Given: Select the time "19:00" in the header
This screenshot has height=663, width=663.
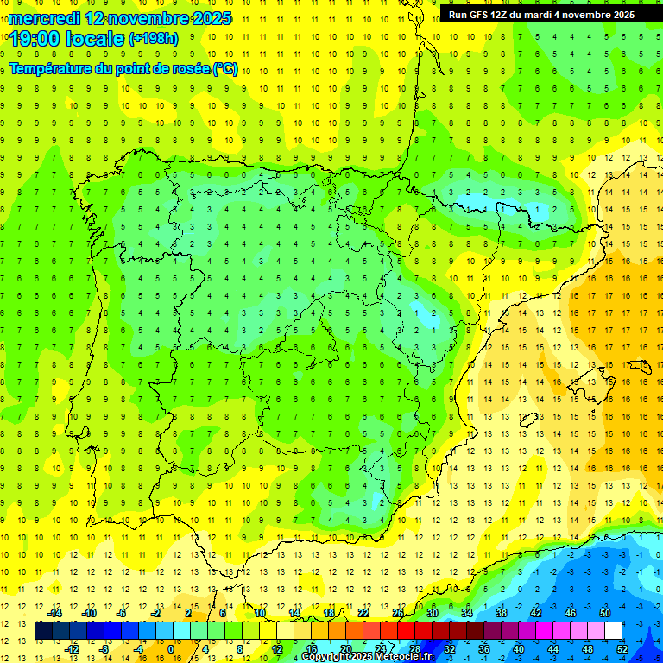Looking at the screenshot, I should (32, 38).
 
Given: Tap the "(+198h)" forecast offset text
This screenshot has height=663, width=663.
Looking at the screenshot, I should (154, 39).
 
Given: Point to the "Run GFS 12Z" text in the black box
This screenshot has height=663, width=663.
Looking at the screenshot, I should (482, 15).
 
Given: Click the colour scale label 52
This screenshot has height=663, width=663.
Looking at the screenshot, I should (622, 649).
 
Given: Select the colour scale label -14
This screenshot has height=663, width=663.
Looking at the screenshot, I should (54, 613).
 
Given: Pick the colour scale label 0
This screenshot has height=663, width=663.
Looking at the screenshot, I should (171, 649).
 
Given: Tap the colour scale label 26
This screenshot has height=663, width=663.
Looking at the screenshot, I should (398, 613).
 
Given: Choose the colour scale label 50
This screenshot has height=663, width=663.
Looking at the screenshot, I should (604, 613).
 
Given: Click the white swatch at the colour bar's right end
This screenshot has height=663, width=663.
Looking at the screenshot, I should (614, 631).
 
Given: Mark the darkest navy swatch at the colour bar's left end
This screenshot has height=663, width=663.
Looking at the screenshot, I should (43, 631).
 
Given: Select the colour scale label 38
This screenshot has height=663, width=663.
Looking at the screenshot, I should (502, 613).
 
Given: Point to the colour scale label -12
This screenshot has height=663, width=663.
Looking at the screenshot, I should (72, 649).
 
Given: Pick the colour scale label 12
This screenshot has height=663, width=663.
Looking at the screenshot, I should (277, 649).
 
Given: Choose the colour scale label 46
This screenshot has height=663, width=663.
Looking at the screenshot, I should (570, 613).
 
